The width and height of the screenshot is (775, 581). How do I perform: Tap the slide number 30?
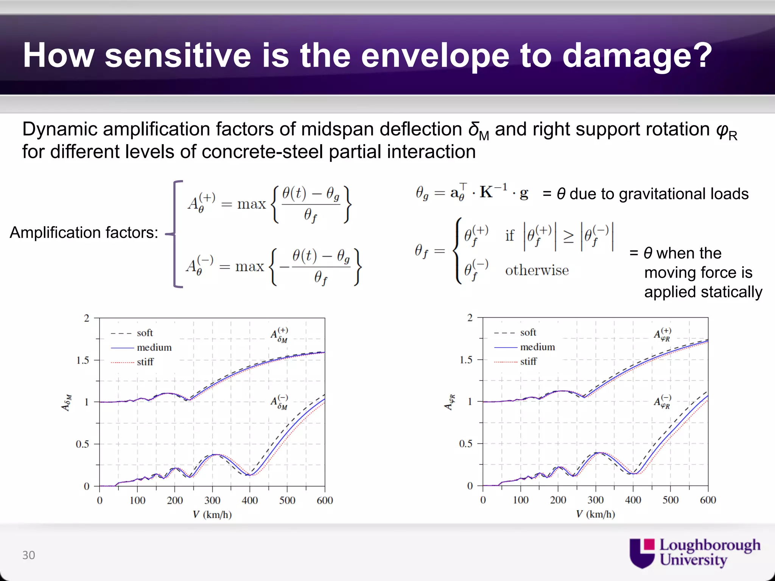pyautogui.click(x=29, y=555)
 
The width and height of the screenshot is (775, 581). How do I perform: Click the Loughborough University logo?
pyautogui.click(x=695, y=553)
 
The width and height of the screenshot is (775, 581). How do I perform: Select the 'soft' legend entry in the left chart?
pyautogui.click(x=145, y=333)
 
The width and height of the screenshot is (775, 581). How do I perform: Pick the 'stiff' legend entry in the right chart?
pyautogui.click(x=528, y=361)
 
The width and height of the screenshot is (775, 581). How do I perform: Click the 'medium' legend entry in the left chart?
pyautogui.click(x=154, y=347)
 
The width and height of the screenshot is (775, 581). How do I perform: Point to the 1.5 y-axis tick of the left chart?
pyautogui.click(x=82, y=360)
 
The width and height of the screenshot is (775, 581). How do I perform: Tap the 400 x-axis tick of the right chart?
pyautogui.click(x=633, y=500)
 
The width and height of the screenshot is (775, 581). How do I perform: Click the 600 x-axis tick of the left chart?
pyautogui.click(x=325, y=500)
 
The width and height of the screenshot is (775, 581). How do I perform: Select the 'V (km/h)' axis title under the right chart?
pyautogui.click(x=595, y=514)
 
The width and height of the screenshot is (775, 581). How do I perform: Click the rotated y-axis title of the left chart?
pyautogui.click(x=66, y=402)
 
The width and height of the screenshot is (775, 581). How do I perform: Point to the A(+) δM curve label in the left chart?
pyautogui.click(x=280, y=335)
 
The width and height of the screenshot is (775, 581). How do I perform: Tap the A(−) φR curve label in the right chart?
pyautogui.click(x=663, y=402)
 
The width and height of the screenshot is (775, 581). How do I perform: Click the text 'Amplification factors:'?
pyautogui.click(x=84, y=232)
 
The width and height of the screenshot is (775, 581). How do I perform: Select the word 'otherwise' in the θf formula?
pyautogui.click(x=537, y=270)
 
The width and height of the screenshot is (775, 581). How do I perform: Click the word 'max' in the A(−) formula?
pyautogui.click(x=249, y=267)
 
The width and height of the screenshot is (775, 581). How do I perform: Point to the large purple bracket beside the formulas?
pyautogui.click(x=175, y=234)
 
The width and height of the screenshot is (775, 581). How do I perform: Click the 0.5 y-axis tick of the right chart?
pyautogui.click(x=466, y=444)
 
